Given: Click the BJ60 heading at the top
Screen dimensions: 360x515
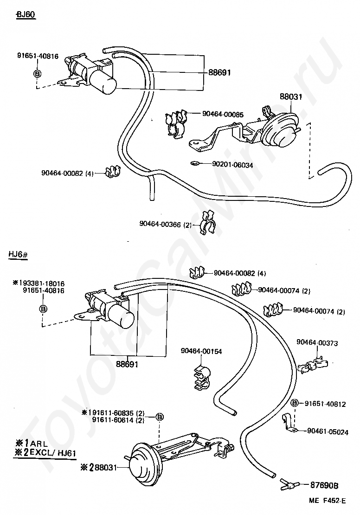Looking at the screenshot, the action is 26,15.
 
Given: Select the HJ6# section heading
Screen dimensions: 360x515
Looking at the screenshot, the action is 18,255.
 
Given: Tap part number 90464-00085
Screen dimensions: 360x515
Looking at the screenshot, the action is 223,114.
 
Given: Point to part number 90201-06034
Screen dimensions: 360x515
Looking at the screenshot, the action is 232,165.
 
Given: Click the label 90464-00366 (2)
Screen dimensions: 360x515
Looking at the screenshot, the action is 166,225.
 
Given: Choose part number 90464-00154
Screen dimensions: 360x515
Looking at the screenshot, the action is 201,351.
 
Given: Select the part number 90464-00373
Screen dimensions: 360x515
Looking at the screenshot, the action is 317,342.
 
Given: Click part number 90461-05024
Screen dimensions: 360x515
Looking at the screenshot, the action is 328,432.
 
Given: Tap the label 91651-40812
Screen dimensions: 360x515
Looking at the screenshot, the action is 325,404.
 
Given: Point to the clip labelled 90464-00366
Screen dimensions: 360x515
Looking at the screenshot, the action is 207,223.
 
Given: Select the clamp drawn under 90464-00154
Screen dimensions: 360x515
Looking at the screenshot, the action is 201,378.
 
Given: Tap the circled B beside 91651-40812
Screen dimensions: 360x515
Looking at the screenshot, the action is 295,403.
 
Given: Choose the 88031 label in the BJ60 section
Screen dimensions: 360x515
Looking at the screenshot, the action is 291,97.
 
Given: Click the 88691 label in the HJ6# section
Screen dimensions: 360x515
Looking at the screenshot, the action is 127,364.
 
